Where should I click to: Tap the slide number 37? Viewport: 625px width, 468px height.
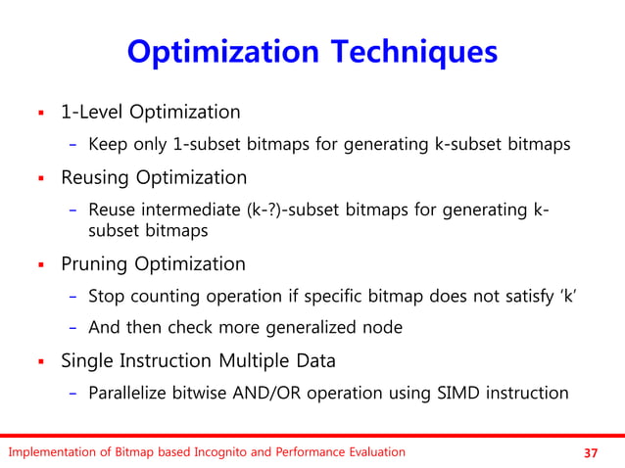pyautogui.click(x=590, y=452)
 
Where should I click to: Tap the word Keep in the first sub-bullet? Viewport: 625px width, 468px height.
pyautogui.click(x=106, y=145)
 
